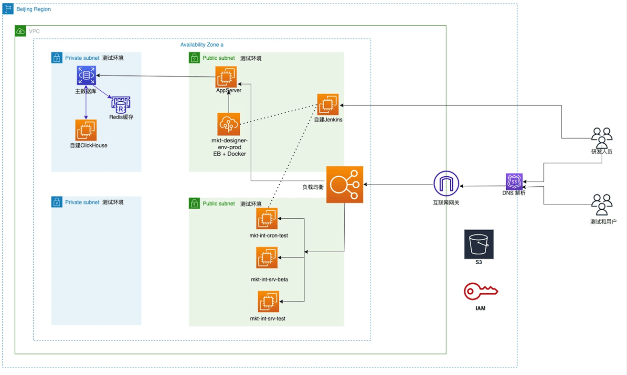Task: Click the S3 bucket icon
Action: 478,245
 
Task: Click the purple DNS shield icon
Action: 514,182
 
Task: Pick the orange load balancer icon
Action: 344,184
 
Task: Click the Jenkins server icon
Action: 328,104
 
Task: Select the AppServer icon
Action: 226,76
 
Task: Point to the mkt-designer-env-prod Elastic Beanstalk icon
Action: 228,124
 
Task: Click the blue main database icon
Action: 86,76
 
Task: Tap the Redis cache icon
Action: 120,104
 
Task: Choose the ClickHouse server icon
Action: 86,130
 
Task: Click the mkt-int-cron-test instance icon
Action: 266,219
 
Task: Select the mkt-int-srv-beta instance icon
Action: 266,258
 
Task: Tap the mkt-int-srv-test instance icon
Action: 268,301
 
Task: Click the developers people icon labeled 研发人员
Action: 601,138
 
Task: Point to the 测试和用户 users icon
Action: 601,204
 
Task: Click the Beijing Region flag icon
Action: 8,9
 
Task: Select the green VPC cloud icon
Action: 21,31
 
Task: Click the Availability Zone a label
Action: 202,44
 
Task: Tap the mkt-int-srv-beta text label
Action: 269,279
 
